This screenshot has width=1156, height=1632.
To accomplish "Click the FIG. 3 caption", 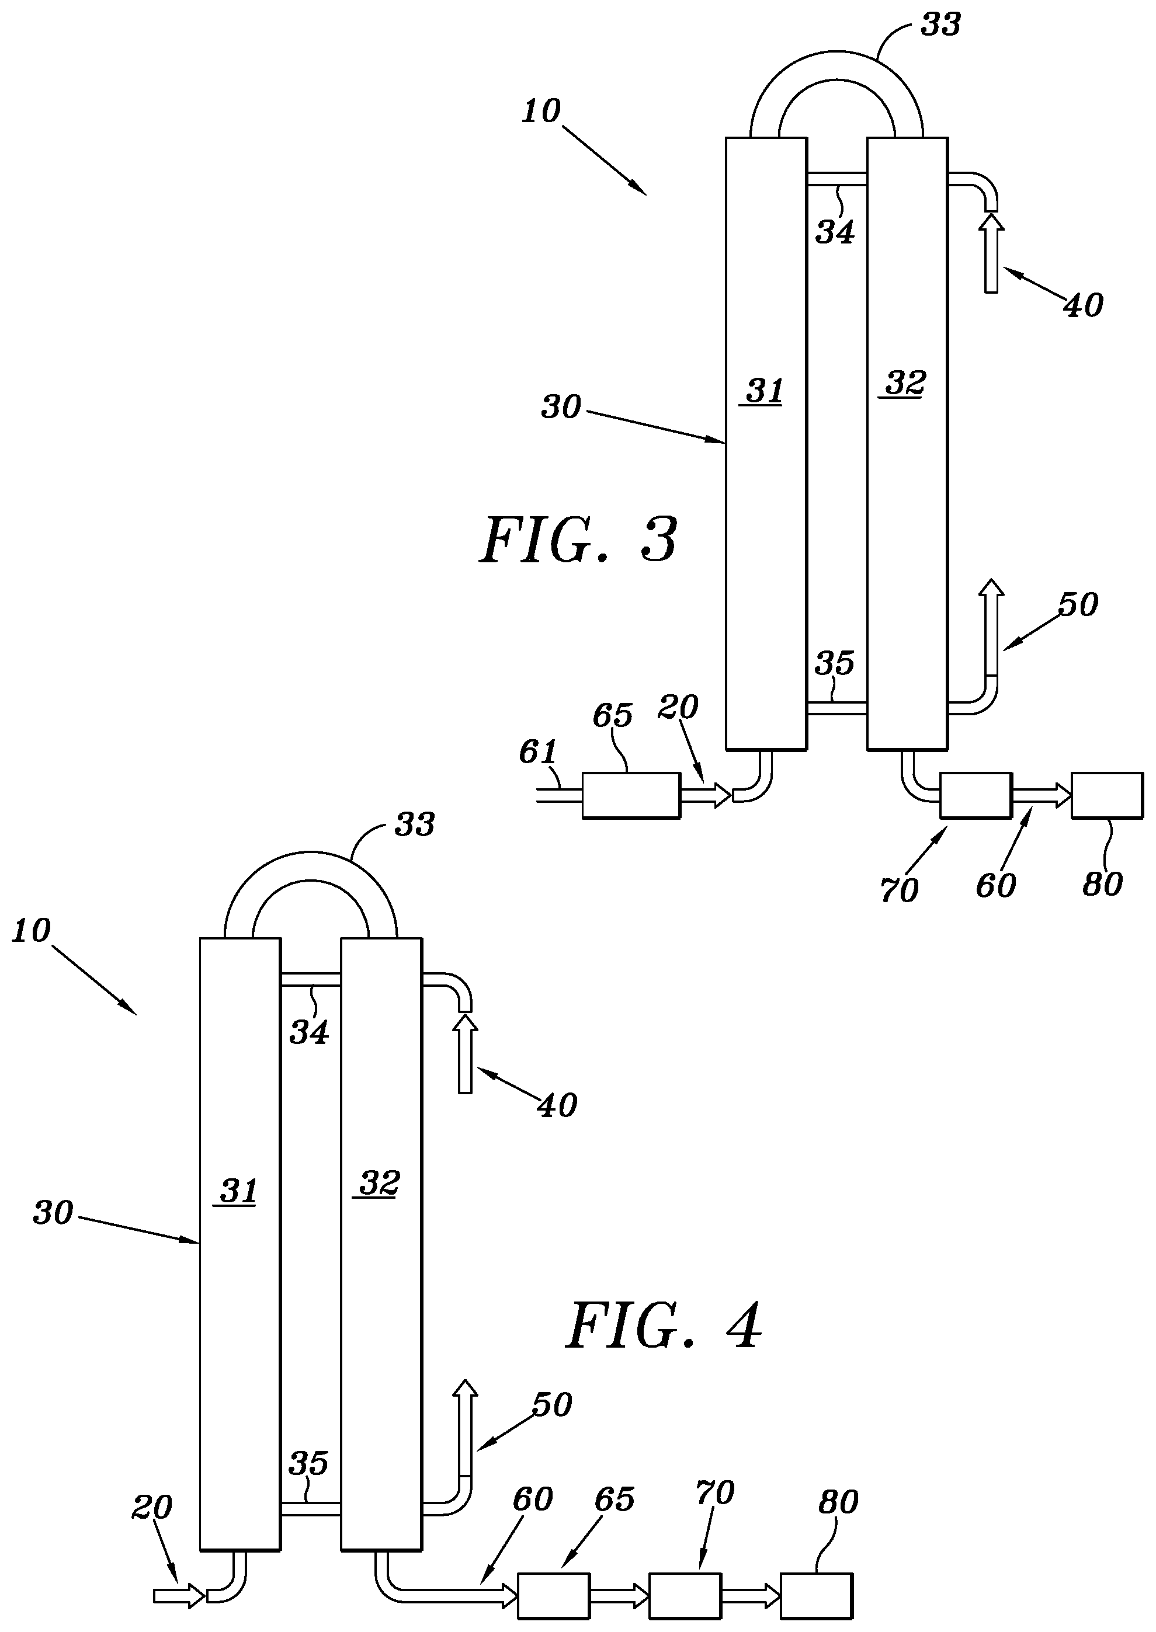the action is pyautogui.click(x=578, y=541).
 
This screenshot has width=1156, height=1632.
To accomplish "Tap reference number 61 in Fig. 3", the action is pyautogui.click(x=537, y=751).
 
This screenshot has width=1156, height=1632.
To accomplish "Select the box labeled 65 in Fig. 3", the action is pyautogui.click(x=631, y=795).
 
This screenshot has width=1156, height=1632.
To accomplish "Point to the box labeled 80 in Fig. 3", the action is pyautogui.click(x=1108, y=795).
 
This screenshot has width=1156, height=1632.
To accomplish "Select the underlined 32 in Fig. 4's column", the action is pyautogui.click(x=378, y=1184).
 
